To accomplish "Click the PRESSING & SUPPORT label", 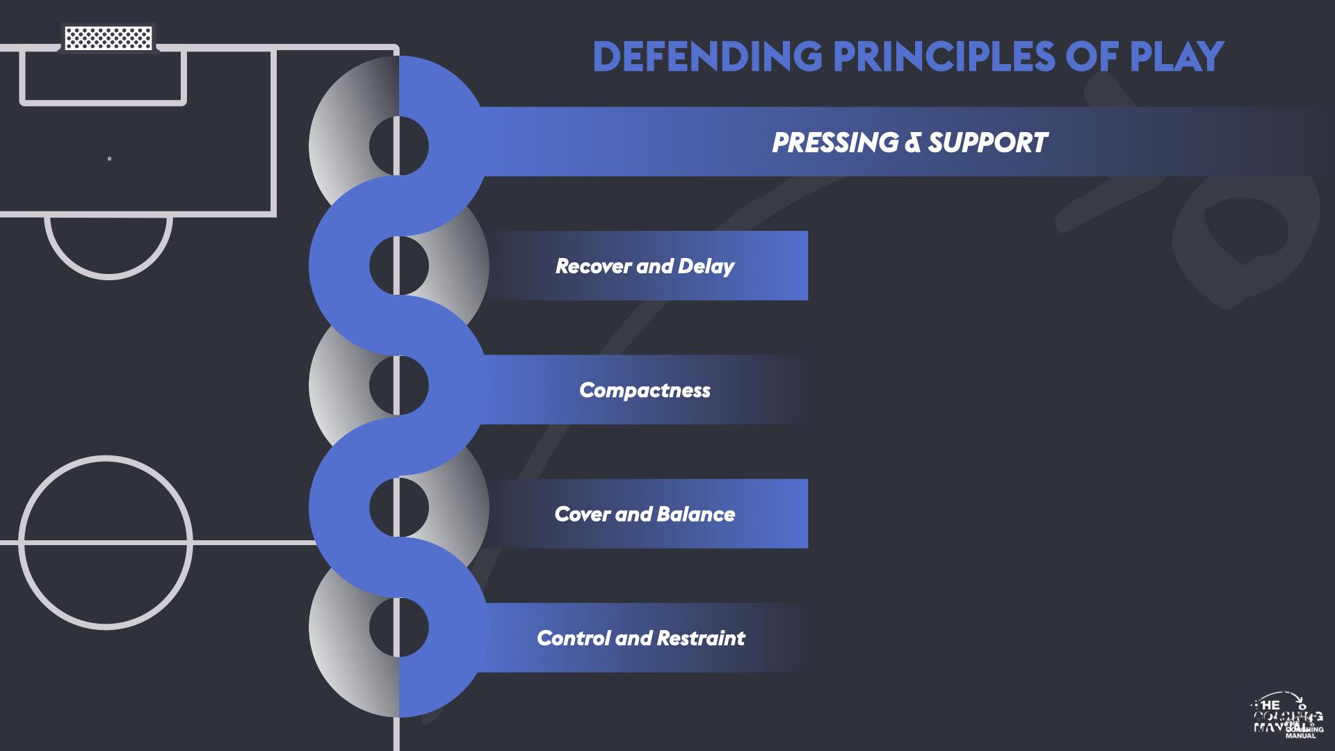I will coord(909,143).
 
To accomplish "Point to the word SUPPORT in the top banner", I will coord(987,143).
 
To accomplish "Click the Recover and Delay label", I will coord(645,266).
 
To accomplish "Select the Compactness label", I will coord(645,390).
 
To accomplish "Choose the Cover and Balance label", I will coord(645,514).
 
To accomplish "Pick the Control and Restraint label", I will coord(640,638).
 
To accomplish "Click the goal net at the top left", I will coord(108,38).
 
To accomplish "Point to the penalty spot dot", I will coord(110,159).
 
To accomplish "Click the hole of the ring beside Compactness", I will coord(398,385).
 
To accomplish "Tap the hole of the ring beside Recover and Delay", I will coord(398,266).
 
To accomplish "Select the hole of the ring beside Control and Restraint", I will coord(398,627).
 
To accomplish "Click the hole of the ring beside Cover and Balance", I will coord(398,507).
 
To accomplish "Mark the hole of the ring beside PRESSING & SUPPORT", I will coord(398,146).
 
